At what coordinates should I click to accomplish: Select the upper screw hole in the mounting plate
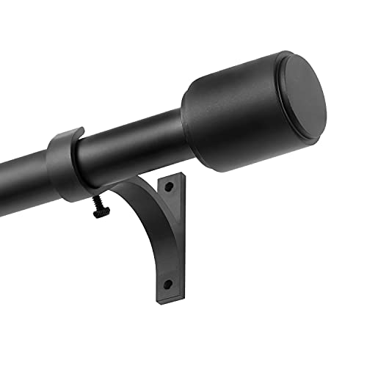click(169, 189)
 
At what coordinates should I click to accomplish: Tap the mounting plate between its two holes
click(169, 235)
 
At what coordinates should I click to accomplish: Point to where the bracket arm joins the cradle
click(110, 189)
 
